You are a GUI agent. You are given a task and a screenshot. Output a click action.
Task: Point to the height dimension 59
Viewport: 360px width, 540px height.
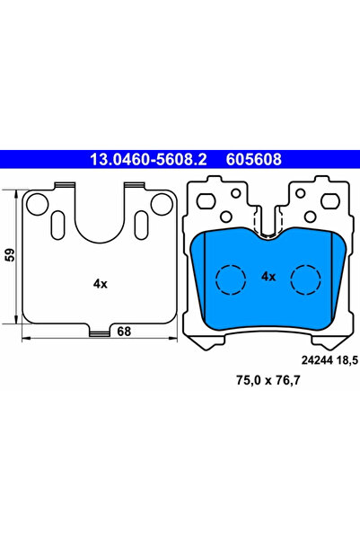tap(9, 254)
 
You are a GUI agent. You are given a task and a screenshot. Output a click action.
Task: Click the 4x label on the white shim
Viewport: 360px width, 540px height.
tap(99, 284)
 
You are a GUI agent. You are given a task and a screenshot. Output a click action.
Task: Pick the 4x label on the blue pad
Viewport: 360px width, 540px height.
tap(268, 277)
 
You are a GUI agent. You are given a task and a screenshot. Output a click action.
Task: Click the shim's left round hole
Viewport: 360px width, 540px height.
tap(36, 205)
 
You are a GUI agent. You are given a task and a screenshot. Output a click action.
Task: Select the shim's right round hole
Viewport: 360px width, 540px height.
tap(161, 205)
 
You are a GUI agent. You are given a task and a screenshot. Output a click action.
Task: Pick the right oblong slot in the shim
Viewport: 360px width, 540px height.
tap(140, 223)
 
